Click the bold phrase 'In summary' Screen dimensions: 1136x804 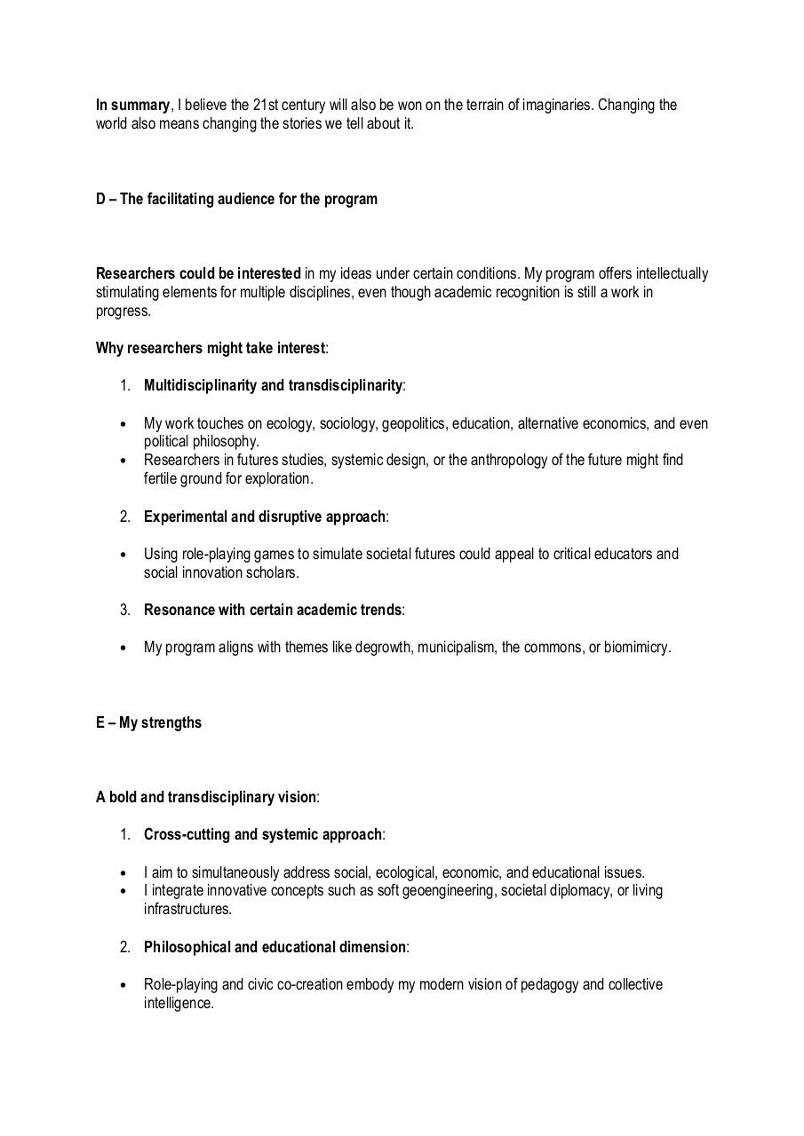(x=132, y=105)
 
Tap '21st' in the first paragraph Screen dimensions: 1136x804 (x=267, y=105)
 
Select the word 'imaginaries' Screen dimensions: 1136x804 (x=556, y=105)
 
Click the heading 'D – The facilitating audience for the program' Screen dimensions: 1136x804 (x=236, y=199)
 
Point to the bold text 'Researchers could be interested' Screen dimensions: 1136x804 (x=198, y=273)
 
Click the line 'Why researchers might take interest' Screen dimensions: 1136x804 (x=211, y=348)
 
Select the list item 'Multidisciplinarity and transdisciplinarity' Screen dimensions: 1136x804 (x=273, y=385)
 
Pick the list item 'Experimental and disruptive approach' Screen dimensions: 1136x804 (x=265, y=517)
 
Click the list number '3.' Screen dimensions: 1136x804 (x=125, y=610)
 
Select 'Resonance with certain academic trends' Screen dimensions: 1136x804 (x=273, y=610)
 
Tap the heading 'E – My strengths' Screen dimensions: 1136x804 (x=148, y=722)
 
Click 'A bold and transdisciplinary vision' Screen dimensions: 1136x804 (x=206, y=797)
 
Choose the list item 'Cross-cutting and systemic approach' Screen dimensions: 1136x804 (x=263, y=834)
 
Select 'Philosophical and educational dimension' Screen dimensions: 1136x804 (x=275, y=947)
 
